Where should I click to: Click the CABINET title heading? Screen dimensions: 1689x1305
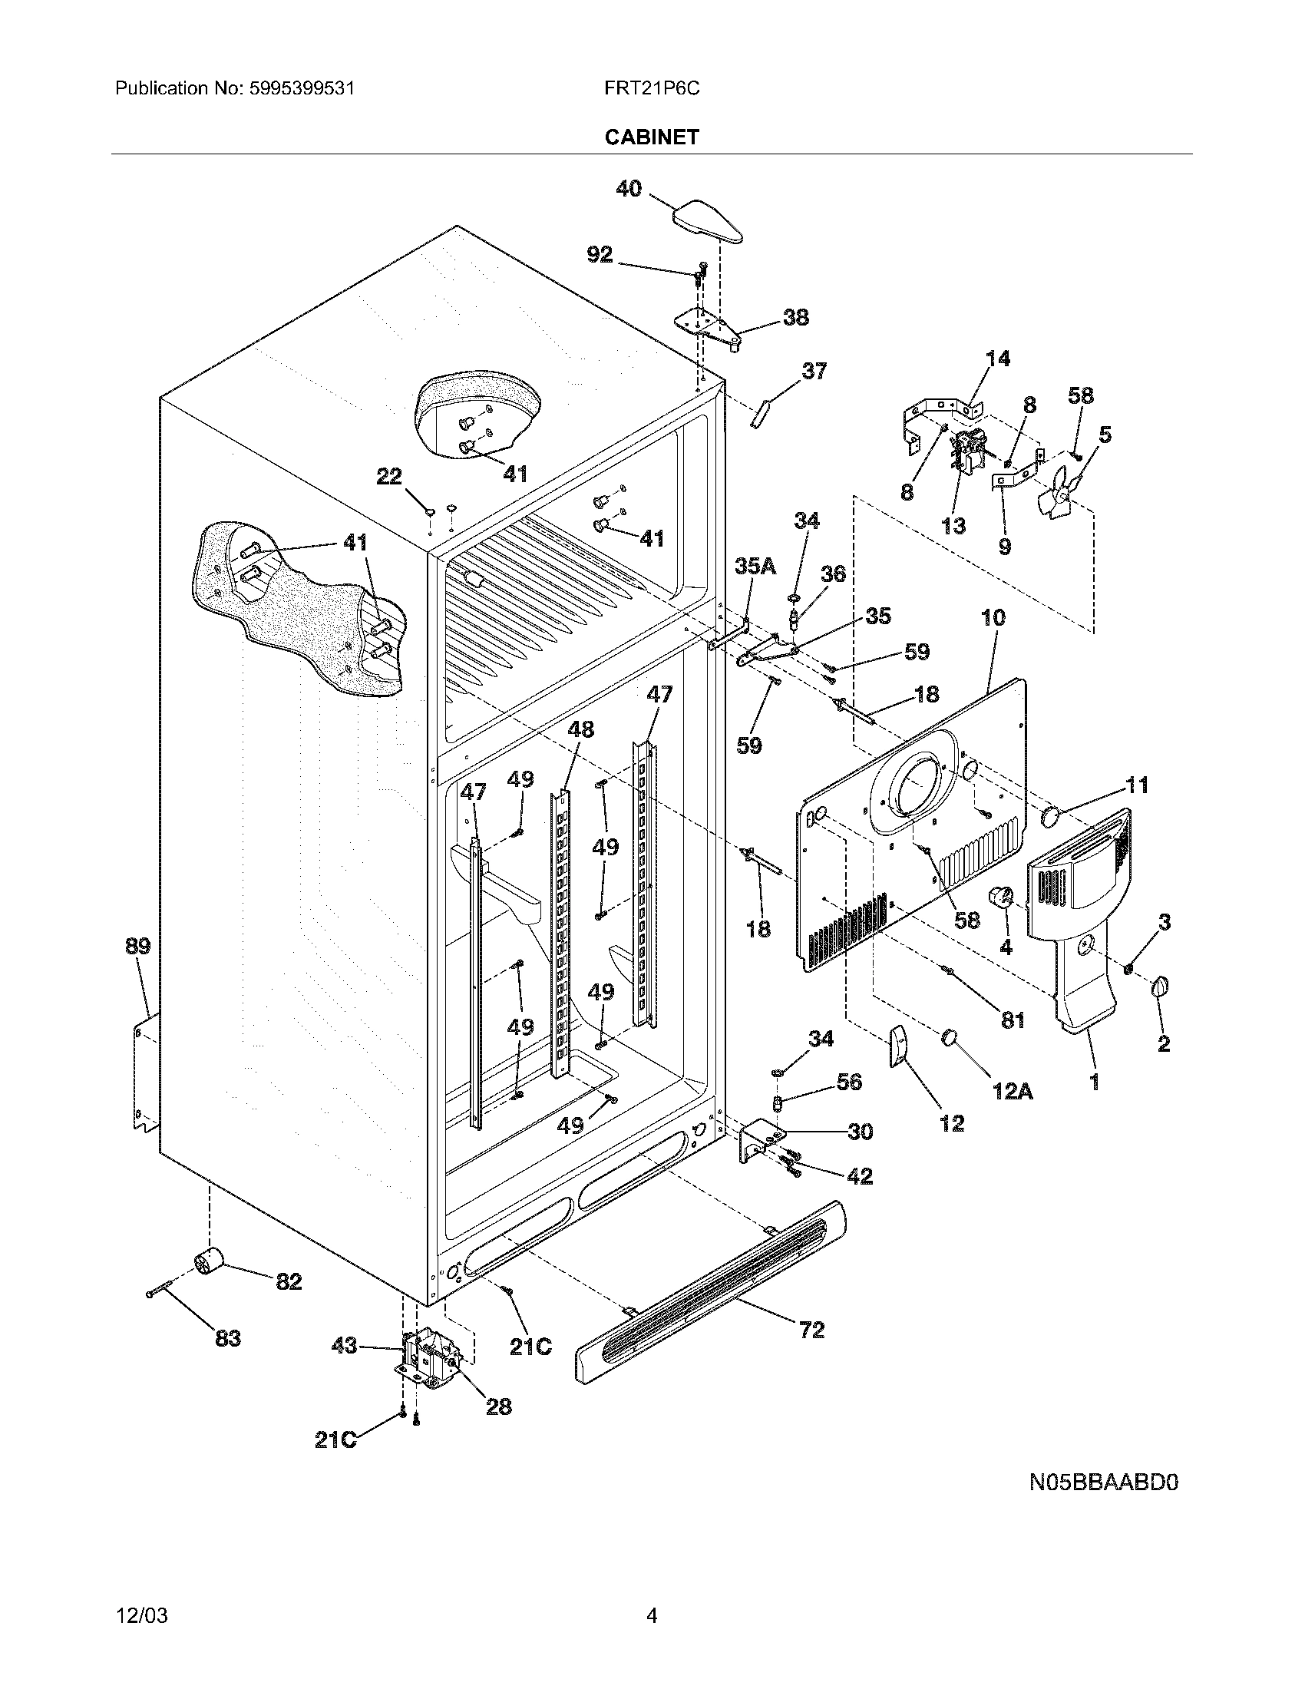[652, 137]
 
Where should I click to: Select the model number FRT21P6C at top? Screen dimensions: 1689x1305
[652, 88]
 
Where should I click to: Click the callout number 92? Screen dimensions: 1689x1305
[600, 254]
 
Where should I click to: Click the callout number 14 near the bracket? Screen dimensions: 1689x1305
[997, 358]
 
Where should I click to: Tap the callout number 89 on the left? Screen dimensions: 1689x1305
[137, 946]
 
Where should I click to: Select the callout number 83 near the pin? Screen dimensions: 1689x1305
[228, 1338]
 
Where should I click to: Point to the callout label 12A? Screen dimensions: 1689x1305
[1013, 1090]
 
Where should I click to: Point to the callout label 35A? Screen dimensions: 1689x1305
[755, 567]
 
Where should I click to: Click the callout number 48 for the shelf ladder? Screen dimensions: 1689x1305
[580, 729]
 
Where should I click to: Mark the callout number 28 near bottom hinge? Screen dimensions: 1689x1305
[499, 1406]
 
